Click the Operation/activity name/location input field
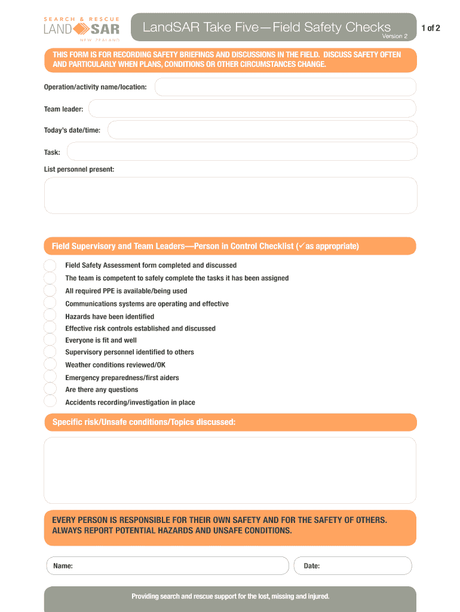point(286,87)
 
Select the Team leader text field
point(252,109)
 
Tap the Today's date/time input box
point(262,130)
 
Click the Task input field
point(242,152)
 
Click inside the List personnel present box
point(231,195)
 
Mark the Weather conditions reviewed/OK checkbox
point(50,365)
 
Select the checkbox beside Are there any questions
point(50,389)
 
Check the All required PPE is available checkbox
point(50,291)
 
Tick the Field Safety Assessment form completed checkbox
point(50,265)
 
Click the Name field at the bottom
point(167,566)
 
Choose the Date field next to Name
point(352,566)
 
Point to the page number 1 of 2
point(430,28)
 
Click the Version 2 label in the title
point(395,36)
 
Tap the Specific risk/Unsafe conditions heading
point(144,423)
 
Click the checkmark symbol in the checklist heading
point(301,246)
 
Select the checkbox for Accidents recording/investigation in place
point(50,402)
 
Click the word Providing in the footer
point(146,596)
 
